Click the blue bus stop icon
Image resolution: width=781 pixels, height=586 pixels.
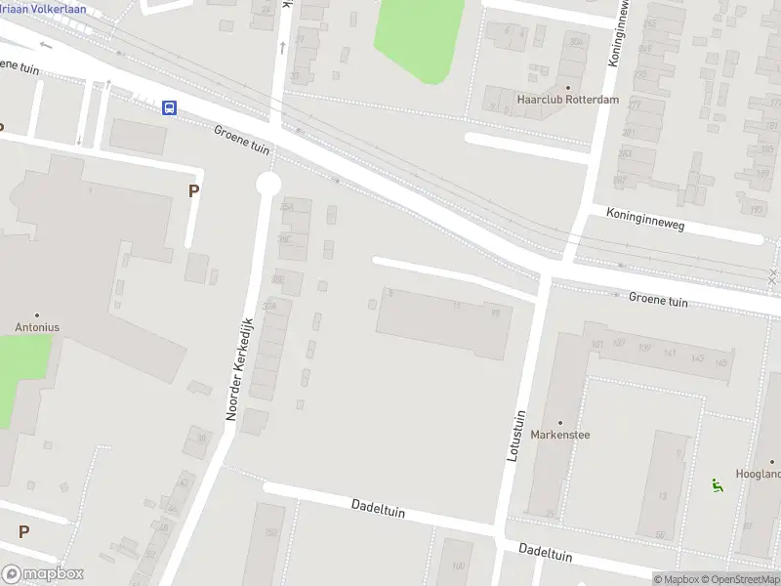point(170,108)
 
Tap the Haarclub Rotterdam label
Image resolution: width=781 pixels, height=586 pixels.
point(554,100)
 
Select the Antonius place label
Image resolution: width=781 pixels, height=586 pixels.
point(37,327)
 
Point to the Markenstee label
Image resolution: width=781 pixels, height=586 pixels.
point(560,435)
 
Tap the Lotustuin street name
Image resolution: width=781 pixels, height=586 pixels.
point(517,436)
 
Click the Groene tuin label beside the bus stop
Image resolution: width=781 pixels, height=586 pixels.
point(241,135)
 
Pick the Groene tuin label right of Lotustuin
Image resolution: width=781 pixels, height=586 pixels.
point(658,300)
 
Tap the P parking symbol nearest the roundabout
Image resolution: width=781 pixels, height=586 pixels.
point(194,191)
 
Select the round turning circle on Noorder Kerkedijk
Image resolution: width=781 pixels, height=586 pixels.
point(268,184)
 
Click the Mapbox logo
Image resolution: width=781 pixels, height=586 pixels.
point(42,574)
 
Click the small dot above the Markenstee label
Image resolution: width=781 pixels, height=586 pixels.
point(560,422)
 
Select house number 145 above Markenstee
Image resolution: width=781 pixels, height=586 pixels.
point(721,362)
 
